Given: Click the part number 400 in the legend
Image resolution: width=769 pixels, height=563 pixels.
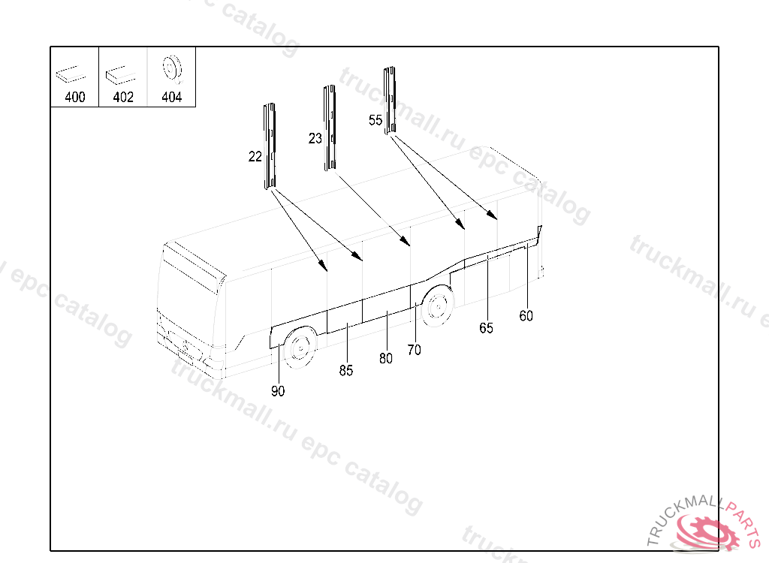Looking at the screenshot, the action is coord(75,97).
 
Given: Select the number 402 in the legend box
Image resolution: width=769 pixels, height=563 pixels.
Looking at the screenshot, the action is coord(123,97).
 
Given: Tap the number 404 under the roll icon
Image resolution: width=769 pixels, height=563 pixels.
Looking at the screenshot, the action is coord(172,97).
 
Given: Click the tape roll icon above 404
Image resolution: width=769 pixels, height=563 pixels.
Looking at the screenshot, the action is coord(172,68).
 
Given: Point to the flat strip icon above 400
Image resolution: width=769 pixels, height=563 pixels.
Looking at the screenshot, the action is coord(71,74).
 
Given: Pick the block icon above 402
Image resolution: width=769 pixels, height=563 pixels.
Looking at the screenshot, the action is coord(120,74).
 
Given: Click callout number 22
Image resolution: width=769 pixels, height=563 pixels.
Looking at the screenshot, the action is coord(255,156).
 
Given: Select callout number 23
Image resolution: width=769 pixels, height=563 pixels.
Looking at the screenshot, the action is coord(315,138).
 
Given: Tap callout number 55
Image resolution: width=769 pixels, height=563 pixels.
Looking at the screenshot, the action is coord(375,120).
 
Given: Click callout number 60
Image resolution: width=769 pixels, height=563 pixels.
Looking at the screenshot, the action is coord(526,316).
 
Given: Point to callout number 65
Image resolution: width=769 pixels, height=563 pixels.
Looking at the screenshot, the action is coord(486,328).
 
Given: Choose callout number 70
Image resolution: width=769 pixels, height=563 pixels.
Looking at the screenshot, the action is coord(414,350).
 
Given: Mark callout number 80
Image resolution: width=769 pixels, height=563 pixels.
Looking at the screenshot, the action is coord(386,359).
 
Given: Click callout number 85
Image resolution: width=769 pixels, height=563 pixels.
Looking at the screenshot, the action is coord(345,371).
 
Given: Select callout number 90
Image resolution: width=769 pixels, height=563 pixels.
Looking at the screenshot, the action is coord(278,391).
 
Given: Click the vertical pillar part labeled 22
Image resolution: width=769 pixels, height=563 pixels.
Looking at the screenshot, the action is coord(270,146).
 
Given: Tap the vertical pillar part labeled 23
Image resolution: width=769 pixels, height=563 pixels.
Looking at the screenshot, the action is coord(330,128).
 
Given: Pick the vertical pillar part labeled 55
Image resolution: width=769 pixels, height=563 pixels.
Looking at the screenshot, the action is coord(390,101).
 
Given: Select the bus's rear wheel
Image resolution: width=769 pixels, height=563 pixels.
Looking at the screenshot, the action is coord(438,306).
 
